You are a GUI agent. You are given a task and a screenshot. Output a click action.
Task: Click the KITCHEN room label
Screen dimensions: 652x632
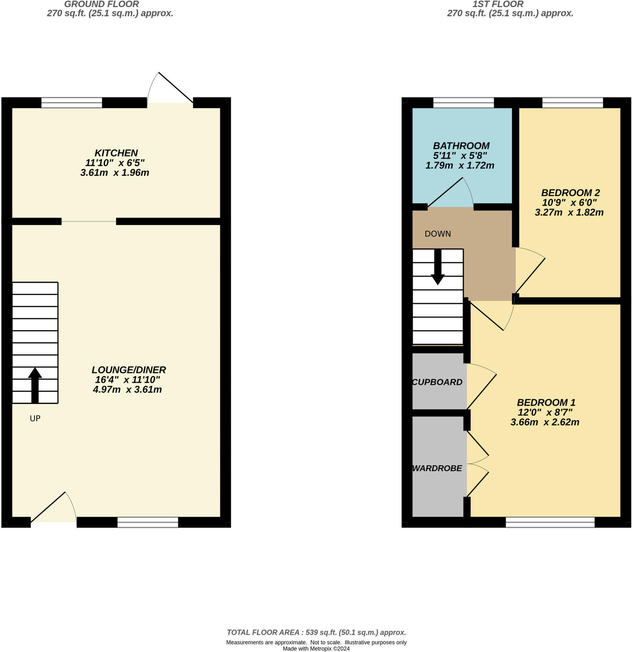[x=116, y=153]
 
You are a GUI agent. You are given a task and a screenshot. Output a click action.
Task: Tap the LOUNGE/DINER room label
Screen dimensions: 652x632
[x=128, y=370]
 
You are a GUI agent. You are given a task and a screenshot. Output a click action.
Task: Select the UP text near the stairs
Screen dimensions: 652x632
[x=35, y=419]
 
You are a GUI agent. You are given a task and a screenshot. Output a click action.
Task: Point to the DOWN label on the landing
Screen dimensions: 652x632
[x=438, y=234]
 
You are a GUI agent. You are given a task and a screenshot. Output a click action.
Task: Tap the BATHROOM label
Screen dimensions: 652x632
[x=461, y=146]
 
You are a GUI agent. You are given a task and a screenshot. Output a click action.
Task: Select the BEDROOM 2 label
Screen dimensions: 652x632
[x=570, y=193]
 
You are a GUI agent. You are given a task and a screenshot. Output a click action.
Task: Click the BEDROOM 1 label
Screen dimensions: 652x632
[x=546, y=403]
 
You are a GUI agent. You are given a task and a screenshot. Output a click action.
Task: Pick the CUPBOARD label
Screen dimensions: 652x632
[x=437, y=382]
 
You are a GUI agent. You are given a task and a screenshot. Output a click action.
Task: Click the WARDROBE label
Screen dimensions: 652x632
[x=437, y=468]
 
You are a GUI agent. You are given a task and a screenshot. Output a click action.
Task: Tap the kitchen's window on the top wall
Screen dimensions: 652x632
[x=71, y=102]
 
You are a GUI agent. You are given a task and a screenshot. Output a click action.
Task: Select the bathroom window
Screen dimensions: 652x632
[x=463, y=102]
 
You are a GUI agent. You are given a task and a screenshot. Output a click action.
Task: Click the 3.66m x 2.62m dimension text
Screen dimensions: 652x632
[x=545, y=422]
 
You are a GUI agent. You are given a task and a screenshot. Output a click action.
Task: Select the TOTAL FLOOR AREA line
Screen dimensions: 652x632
[x=316, y=632]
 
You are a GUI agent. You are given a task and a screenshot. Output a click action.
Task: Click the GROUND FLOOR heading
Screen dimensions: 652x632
[x=101, y=4]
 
